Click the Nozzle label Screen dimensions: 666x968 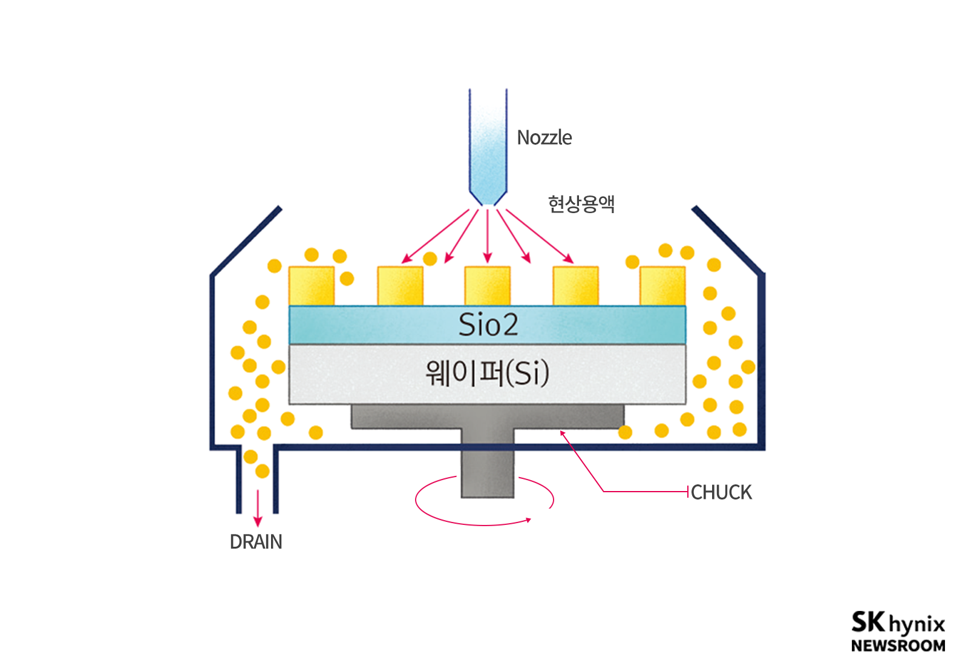click(544, 137)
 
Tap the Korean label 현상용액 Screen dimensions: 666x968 click(581, 204)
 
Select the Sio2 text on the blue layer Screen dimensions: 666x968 click(488, 325)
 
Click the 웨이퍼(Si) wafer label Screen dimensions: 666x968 click(488, 373)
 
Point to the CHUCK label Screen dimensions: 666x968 click(721, 492)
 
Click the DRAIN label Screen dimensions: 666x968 click(256, 541)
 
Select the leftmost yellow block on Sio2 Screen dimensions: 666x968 click(312, 285)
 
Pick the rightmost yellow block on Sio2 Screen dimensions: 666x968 click(662, 285)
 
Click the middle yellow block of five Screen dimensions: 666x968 click(488, 285)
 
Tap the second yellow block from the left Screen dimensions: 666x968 click(400, 285)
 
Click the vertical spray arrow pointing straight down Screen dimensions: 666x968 click(488, 236)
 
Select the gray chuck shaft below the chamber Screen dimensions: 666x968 click(488, 472)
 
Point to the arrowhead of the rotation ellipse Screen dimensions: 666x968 click(528, 519)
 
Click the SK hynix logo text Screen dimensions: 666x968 click(898, 622)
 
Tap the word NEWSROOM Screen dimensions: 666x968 click(898, 645)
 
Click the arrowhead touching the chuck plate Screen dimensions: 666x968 click(563, 432)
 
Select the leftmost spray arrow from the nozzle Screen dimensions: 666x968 click(436, 236)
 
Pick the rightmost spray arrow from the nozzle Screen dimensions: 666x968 click(539, 236)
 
